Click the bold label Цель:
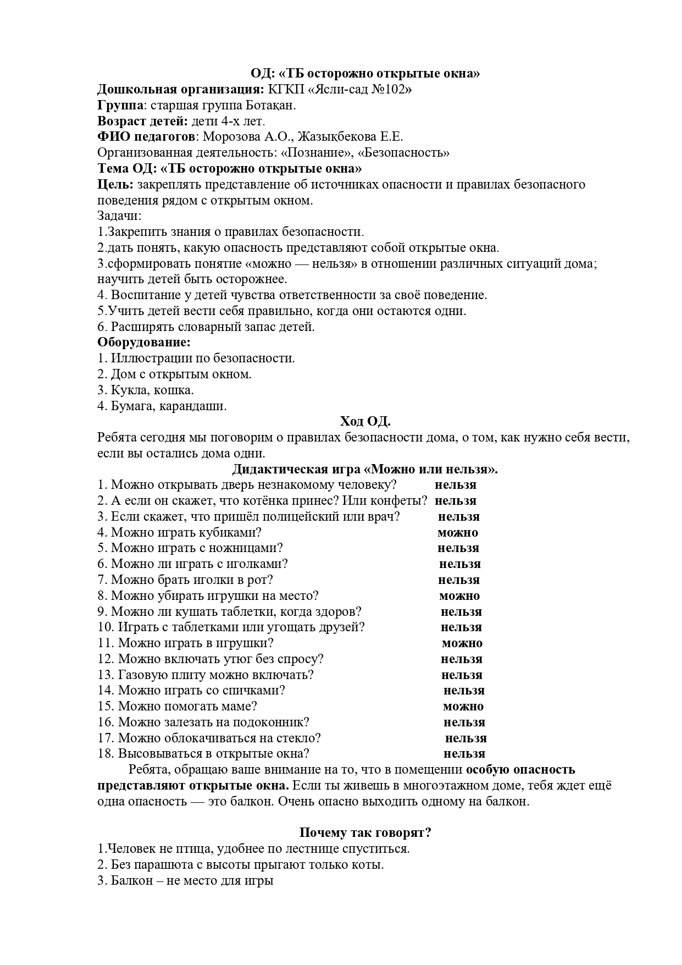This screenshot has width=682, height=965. (x=115, y=184)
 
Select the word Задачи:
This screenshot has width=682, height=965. (x=119, y=216)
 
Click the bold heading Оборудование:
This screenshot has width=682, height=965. (x=144, y=342)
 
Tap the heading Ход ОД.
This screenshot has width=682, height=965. (x=365, y=422)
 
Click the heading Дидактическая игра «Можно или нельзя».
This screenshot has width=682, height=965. (x=365, y=470)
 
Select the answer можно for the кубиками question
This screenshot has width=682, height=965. (x=458, y=533)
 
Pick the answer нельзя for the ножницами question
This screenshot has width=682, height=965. (x=458, y=548)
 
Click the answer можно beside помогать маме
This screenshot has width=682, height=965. (x=463, y=707)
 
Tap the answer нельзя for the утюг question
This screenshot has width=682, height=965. (x=462, y=659)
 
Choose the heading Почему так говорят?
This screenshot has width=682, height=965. (x=365, y=833)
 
